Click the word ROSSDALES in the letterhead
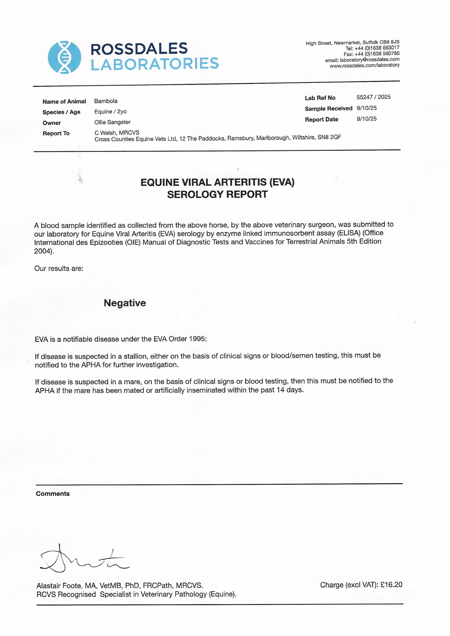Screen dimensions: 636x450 [x=139, y=49]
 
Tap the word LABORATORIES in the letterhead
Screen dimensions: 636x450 [x=154, y=64]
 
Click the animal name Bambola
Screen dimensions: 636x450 [x=106, y=101]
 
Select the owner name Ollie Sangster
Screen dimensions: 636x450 [x=112, y=122]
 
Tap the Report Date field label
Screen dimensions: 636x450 [x=321, y=119]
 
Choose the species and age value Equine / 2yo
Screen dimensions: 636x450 [x=110, y=112]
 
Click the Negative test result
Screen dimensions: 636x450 [x=125, y=303]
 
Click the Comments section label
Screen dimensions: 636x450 [x=53, y=494]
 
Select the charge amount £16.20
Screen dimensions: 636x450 [x=391, y=585]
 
